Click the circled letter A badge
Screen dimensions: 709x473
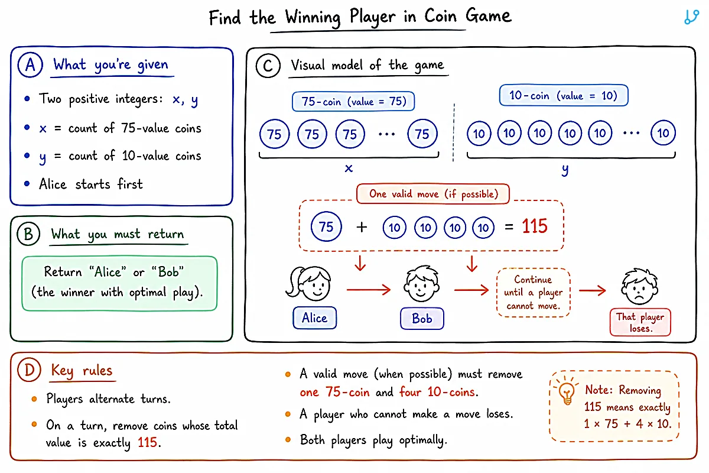pos(30,64)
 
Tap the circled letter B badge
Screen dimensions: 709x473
pos(28,234)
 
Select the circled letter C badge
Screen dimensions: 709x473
pos(268,66)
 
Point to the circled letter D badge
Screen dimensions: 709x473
pos(29,370)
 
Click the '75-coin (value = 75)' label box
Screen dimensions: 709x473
pos(353,101)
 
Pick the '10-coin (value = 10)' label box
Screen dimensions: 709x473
pos(564,95)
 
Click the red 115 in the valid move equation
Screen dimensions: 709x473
pos(535,226)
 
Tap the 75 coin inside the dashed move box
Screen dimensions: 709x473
pos(326,226)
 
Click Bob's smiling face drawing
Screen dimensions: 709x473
pos(421,284)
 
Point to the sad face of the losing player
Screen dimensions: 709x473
pos(639,286)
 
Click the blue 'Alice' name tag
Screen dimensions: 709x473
pos(314,318)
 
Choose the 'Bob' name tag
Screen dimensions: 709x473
pos(422,319)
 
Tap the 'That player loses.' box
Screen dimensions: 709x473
pos(640,322)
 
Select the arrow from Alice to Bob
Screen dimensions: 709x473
pos(369,290)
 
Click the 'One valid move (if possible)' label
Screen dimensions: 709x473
pos(433,193)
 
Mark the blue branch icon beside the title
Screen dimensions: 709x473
pos(691,17)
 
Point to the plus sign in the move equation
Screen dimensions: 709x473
pos(362,227)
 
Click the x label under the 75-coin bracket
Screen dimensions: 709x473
pos(349,169)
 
